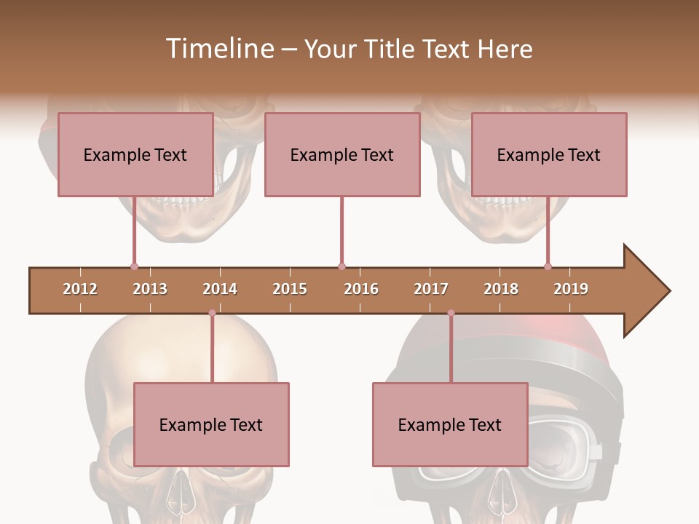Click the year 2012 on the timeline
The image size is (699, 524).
pos(80,289)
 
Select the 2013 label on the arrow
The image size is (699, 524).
pos(150,289)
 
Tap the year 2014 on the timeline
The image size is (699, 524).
pos(220,289)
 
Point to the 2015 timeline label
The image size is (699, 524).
pos(290,289)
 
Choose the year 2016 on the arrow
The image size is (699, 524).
pos(361,289)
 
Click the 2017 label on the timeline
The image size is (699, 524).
pos(431,289)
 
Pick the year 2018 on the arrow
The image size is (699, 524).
pos(501,289)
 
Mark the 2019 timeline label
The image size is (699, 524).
pos(571,289)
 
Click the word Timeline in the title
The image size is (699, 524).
pos(219,49)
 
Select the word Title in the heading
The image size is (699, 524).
pos(391,49)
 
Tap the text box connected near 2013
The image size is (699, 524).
pos(135,154)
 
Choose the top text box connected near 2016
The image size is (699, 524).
pos(342,154)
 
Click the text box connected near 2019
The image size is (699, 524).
pos(549,154)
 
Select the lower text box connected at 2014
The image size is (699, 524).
pos(211,424)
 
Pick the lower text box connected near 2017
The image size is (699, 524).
pos(450,424)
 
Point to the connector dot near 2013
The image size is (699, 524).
pos(134,266)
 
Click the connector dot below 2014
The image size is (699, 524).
pos(212,313)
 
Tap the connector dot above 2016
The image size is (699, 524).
pos(341,266)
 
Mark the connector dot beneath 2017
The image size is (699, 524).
pos(451,313)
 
